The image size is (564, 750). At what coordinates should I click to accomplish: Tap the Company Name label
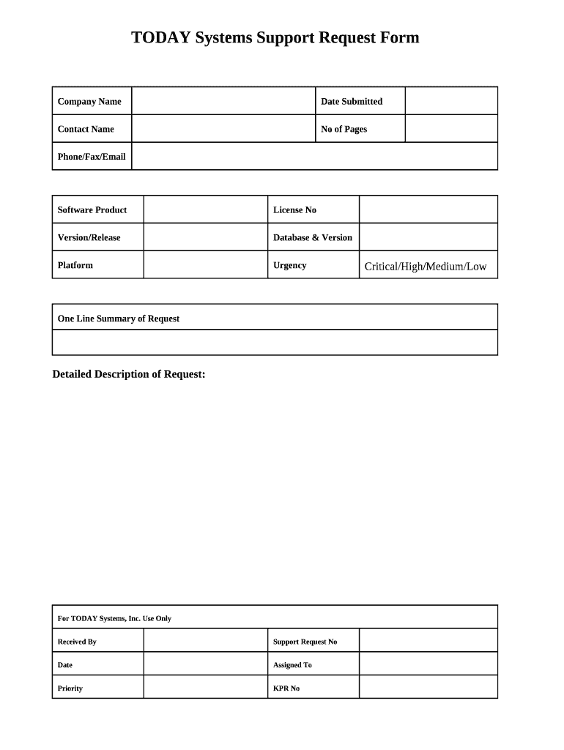(x=89, y=101)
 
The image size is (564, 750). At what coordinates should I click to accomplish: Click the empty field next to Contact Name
(x=223, y=129)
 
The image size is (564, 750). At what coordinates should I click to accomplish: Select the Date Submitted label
(x=352, y=101)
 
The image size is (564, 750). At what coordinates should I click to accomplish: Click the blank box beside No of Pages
(x=451, y=129)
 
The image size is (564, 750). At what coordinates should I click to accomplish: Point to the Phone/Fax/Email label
(x=92, y=157)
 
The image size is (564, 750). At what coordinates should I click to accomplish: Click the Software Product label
(x=92, y=210)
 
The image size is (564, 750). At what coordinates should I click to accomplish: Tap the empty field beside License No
(x=428, y=209)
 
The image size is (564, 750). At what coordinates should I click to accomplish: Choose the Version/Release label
(x=89, y=237)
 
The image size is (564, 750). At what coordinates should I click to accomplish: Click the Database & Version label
(x=313, y=237)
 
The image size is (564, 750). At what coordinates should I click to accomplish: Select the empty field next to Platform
(x=205, y=265)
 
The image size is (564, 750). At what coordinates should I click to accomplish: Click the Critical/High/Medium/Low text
(x=426, y=267)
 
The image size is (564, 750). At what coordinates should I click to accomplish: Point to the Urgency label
(x=290, y=265)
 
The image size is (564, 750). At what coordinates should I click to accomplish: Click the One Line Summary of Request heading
(x=119, y=319)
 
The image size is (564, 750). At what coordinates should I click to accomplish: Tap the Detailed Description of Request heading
(x=129, y=374)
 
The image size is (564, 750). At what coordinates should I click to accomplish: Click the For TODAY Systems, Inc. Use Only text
(x=114, y=619)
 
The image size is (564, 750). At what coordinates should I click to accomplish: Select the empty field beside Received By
(x=205, y=642)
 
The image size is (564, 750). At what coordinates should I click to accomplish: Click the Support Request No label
(x=305, y=642)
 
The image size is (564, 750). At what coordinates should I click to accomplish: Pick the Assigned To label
(x=292, y=665)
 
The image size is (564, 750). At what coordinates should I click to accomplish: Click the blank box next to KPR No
(x=428, y=688)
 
